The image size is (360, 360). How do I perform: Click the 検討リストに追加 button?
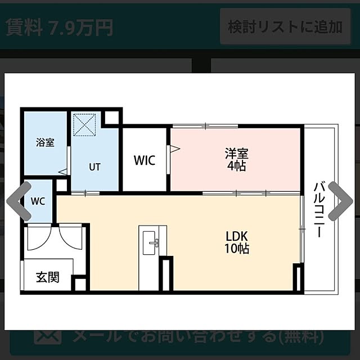click(x=285, y=26)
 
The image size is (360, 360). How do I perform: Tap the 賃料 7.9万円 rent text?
click(x=59, y=27)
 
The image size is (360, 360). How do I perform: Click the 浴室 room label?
click(x=45, y=142)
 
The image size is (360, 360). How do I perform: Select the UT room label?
click(x=94, y=167)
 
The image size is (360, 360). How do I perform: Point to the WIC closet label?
click(x=145, y=160)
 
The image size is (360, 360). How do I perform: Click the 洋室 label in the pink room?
click(x=237, y=154)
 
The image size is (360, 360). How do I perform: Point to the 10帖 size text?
click(x=237, y=248)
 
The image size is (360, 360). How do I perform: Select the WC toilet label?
click(x=38, y=201)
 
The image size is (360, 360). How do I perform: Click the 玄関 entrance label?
click(x=47, y=277)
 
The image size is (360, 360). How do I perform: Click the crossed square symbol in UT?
click(x=85, y=125)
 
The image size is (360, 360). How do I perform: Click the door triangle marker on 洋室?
click(x=174, y=149)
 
